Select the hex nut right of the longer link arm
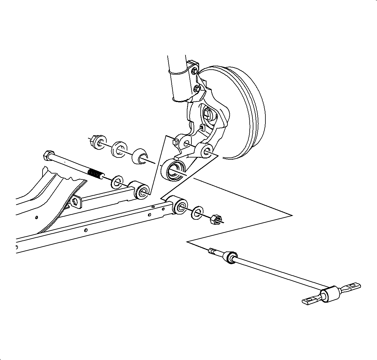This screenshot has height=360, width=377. coord(215,220)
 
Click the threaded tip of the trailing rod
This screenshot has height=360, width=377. coord(212,251)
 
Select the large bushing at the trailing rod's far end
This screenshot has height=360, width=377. coord(331,294)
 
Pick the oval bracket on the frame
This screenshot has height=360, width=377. coord(76,202)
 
